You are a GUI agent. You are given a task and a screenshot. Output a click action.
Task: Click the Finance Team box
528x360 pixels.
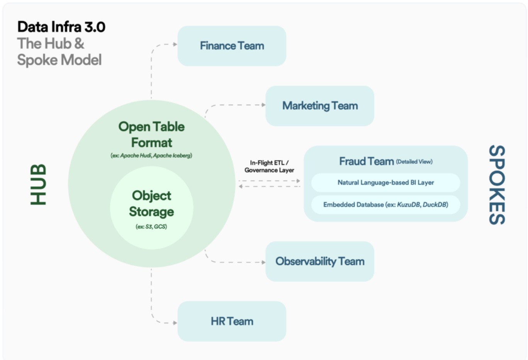tap(232, 46)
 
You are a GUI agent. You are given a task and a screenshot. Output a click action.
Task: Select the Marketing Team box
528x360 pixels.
tap(320, 106)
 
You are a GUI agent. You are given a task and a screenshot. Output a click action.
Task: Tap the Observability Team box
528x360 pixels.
tap(320, 262)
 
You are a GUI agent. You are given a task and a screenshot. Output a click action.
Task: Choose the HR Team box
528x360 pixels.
tap(232, 321)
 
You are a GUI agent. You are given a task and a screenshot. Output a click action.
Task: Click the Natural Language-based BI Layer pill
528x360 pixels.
tap(386, 183)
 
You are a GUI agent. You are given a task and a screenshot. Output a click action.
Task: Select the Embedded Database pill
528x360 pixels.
tap(386, 205)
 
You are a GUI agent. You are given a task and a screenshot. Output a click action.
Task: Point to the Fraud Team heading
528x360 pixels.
tap(367, 161)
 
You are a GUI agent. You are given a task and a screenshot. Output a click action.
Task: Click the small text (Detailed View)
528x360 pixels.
tap(414, 161)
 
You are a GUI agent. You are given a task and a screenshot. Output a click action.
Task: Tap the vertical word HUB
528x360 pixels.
tap(38, 185)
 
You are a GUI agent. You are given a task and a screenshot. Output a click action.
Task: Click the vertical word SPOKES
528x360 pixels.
tap(497, 185)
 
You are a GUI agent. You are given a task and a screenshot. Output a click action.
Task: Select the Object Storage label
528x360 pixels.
tap(152, 204)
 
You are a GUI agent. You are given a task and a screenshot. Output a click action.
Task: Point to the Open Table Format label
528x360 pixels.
tap(152, 135)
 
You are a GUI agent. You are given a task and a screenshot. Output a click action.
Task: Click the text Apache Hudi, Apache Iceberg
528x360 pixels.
tap(156, 155)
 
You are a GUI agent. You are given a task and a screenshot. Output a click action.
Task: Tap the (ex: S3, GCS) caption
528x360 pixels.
tap(151, 227)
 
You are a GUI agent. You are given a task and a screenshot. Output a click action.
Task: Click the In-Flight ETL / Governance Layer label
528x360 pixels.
tap(269, 166)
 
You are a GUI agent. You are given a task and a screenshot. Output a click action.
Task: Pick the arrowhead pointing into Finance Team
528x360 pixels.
tap(175, 44)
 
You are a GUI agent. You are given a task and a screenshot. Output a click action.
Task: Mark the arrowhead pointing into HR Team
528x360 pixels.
tap(175, 323)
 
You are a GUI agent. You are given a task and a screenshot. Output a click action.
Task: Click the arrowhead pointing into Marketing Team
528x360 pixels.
tap(264, 105)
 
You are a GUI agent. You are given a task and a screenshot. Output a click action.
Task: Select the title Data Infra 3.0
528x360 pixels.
tap(61, 27)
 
